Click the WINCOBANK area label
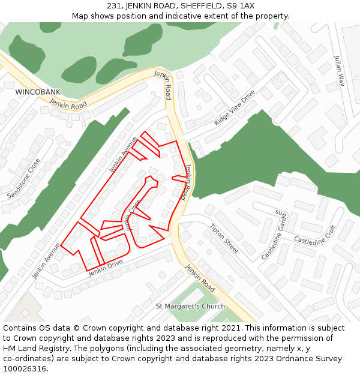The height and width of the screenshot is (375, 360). [38, 92]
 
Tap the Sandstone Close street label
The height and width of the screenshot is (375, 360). [24, 178]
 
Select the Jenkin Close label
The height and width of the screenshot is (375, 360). [133, 214]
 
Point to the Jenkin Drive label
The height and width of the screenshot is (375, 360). [106, 268]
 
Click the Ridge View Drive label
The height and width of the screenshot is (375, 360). [235, 107]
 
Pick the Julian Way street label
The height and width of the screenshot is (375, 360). [340, 70]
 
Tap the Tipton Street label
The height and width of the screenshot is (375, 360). [224, 238]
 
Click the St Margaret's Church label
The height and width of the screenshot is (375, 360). [190, 306]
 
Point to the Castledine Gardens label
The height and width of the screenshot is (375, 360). [274, 235]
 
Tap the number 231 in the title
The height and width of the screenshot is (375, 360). [115, 5]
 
